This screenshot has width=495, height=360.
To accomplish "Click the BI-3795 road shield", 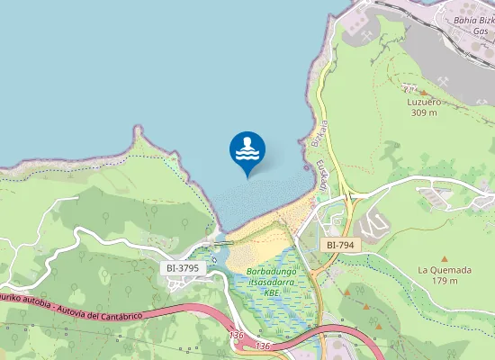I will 183,268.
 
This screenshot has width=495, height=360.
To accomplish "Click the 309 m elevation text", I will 423,112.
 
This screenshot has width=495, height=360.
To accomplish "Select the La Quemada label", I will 445,270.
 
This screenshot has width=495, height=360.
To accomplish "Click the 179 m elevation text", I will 445,281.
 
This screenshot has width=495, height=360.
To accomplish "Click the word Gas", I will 480,30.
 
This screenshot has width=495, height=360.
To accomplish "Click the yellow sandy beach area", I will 270,229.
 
